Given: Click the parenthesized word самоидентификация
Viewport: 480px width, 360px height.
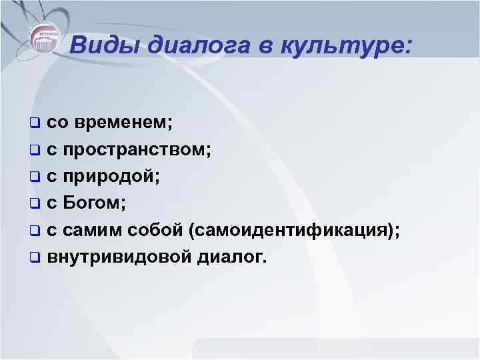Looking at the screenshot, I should pos(293,230).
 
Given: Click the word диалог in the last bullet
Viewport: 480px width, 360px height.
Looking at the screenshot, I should pos(228,257).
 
